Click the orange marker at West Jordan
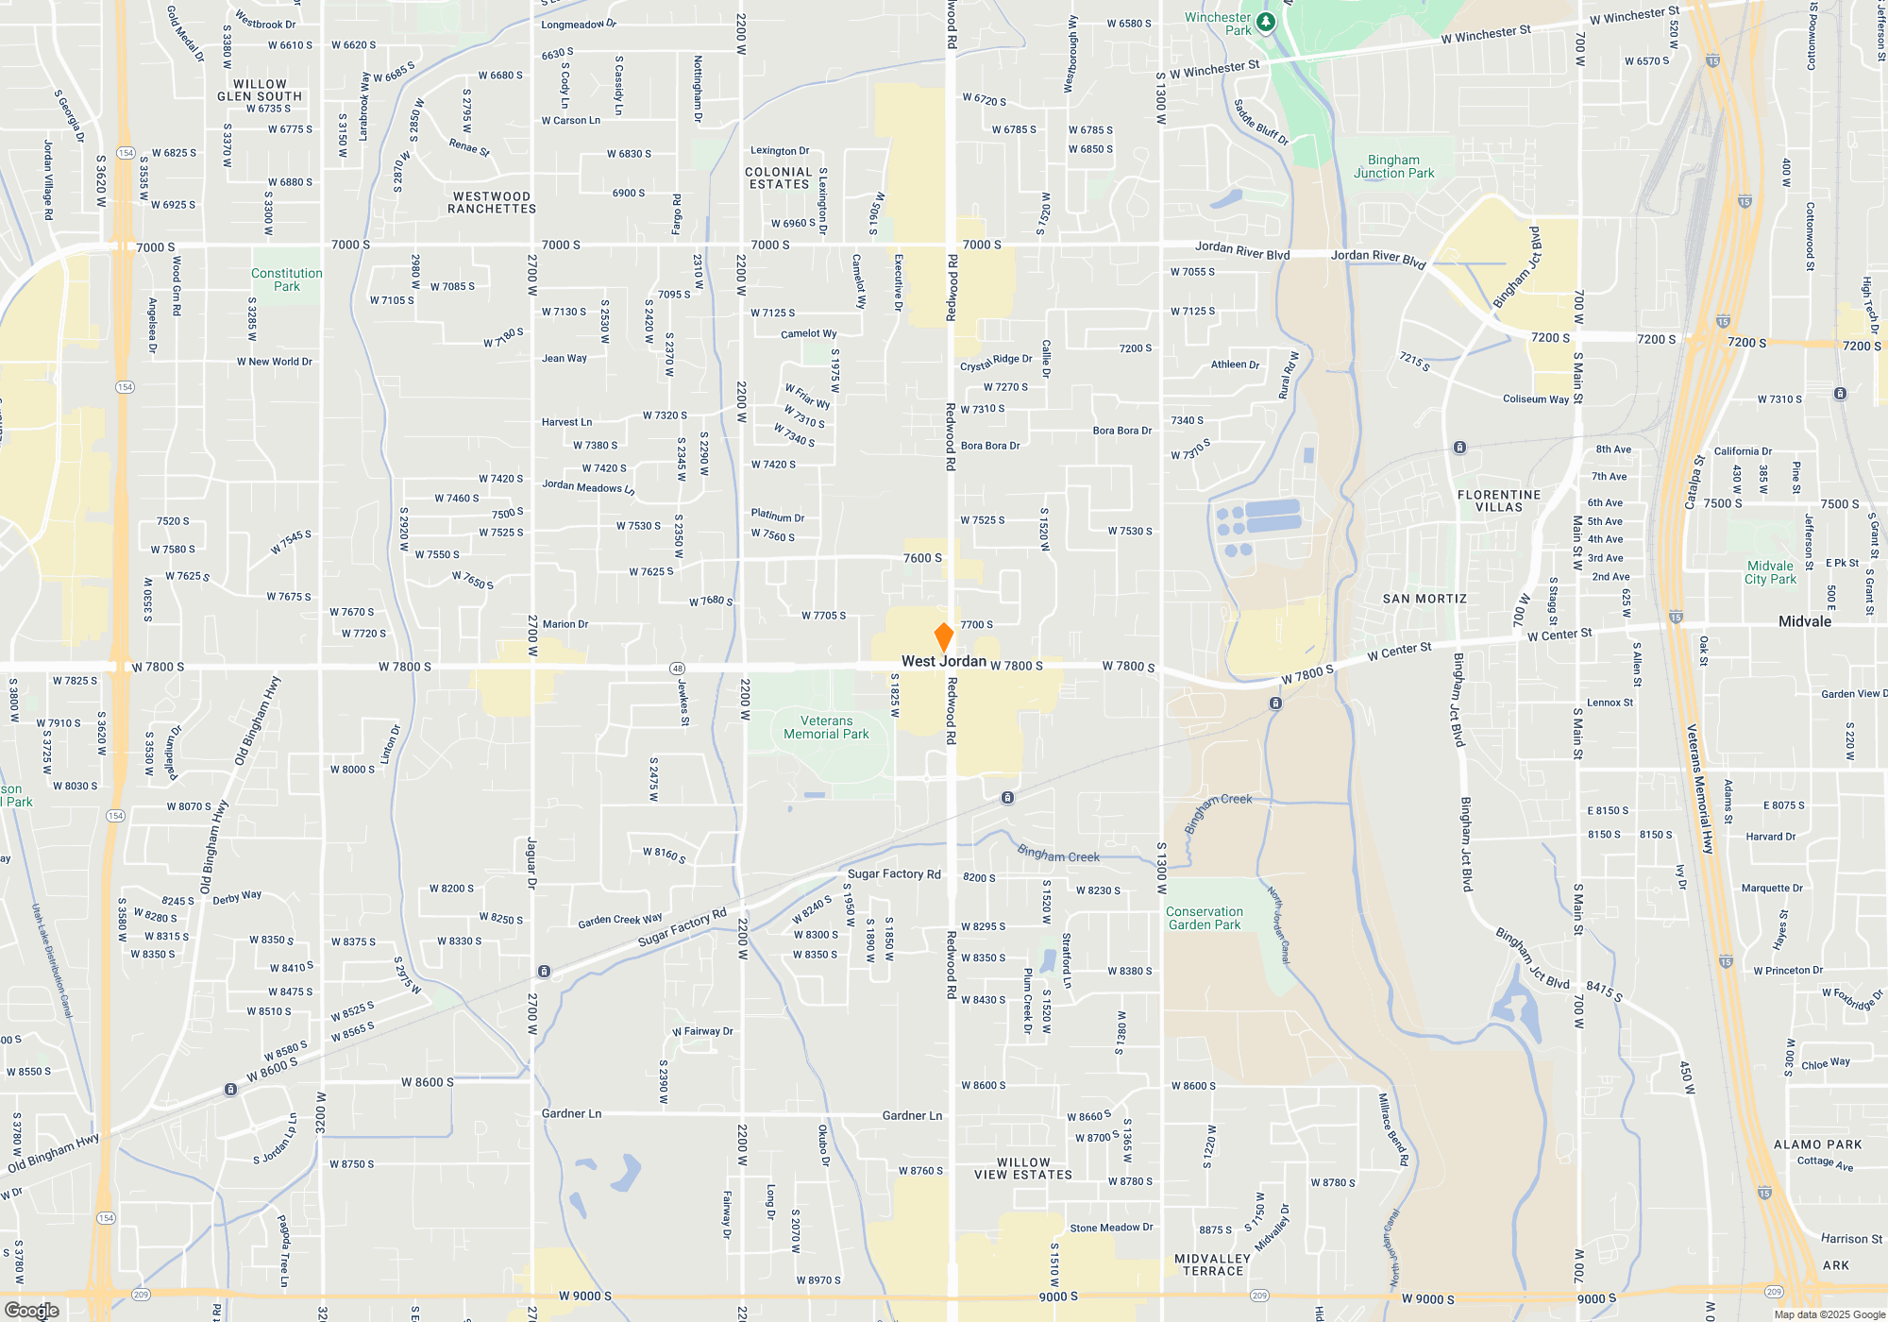coord(943,636)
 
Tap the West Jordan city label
coord(943,662)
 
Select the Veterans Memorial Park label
coord(826,727)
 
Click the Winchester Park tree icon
coord(1266,22)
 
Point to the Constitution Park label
coord(287,280)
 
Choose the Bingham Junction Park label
coord(1393,167)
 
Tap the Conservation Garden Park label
coord(1205,918)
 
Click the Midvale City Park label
coord(1770,572)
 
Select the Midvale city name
coord(1805,621)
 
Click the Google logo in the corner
coord(32,1310)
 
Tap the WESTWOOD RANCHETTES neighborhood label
coord(492,203)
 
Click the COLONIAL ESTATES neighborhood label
coord(779,178)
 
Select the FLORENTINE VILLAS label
coord(1499,500)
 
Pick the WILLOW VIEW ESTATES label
coord(1023,1169)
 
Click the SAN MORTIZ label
coord(1424,599)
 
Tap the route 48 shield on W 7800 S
coord(677,669)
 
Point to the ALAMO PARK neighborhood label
coord(1817,1144)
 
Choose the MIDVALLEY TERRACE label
coord(1213,1265)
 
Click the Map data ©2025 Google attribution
coord(1829,1314)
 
